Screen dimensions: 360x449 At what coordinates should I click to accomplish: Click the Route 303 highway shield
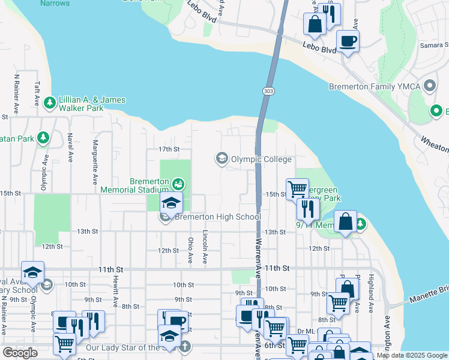pyautogui.click(x=268, y=91)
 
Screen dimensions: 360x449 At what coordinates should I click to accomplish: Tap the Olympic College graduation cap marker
pyautogui.click(x=221, y=159)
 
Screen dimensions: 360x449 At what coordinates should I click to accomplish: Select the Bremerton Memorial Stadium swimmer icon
pyautogui.click(x=178, y=182)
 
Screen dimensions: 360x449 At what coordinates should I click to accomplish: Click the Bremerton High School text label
pyautogui.click(x=217, y=217)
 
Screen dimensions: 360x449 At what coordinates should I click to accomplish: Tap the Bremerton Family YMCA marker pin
pyautogui.click(x=429, y=86)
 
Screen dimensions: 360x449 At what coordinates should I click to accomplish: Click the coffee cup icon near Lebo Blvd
pyautogui.click(x=348, y=41)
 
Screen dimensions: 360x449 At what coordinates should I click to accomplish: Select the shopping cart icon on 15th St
pyautogui.click(x=297, y=189)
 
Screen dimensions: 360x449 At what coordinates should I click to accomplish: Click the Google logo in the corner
pyautogui.click(x=20, y=353)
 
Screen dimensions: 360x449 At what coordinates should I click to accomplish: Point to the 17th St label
pyautogui.click(x=169, y=149)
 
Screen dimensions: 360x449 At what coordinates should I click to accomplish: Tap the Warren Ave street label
pyautogui.click(x=258, y=255)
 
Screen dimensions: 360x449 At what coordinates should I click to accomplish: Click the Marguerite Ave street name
pyautogui.click(x=94, y=162)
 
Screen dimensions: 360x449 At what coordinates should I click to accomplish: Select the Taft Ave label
pyautogui.click(x=37, y=94)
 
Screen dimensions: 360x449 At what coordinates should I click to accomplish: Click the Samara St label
pyautogui.click(x=434, y=46)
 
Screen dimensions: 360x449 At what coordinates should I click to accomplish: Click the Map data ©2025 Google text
pyautogui.click(x=412, y=355)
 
